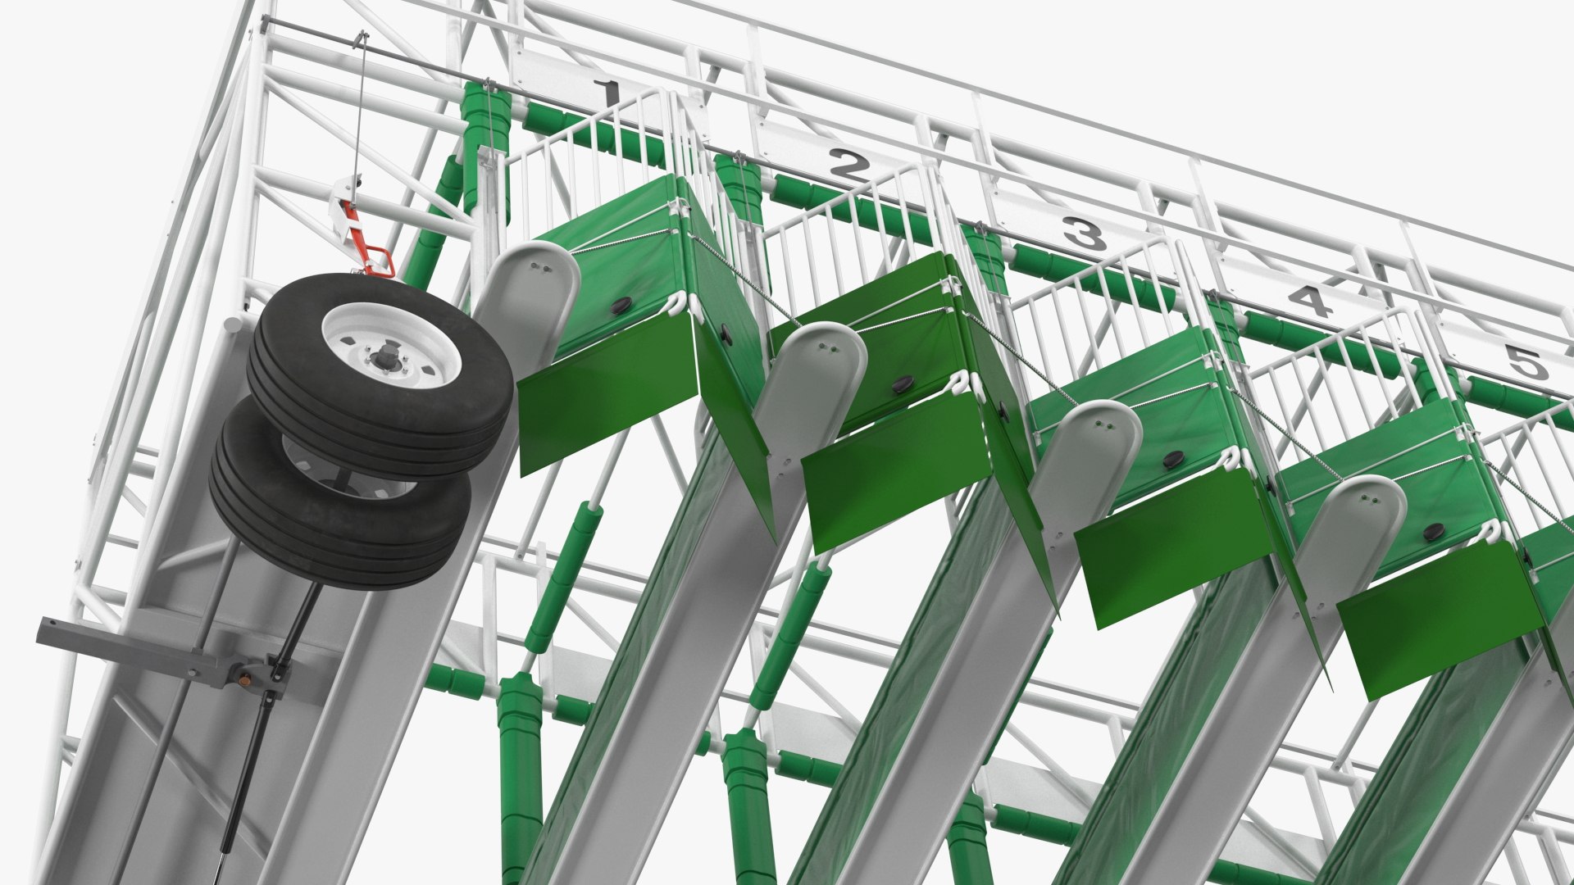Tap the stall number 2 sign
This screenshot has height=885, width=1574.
click(848, 166)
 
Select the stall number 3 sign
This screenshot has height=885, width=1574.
click(1085, 234)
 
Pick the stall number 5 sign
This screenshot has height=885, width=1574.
click(1524, 361)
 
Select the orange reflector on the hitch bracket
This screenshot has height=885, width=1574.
click(243, 678)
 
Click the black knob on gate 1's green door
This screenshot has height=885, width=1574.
click(621, 306)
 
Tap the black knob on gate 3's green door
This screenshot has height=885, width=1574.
click(1173, 458)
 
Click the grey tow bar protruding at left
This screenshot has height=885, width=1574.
click(115, 644)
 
